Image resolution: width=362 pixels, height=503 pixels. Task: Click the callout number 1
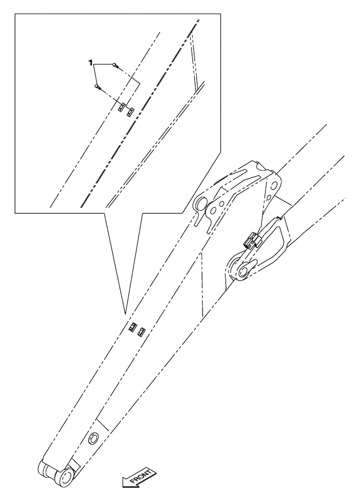[x=90, y=62]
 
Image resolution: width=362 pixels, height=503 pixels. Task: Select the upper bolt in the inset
[x=115, y=65]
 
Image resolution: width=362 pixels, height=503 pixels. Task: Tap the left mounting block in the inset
[x=121, y=107]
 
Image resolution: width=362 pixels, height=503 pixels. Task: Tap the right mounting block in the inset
[x=130, y=111]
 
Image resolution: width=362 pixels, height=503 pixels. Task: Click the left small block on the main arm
[x=132, y=327]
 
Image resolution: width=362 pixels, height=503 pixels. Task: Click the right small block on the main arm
[x=142, y=331]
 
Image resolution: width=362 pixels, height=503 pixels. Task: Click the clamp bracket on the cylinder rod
[x=251, y=241]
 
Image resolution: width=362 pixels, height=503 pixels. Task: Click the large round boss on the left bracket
[x=200, y=204]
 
